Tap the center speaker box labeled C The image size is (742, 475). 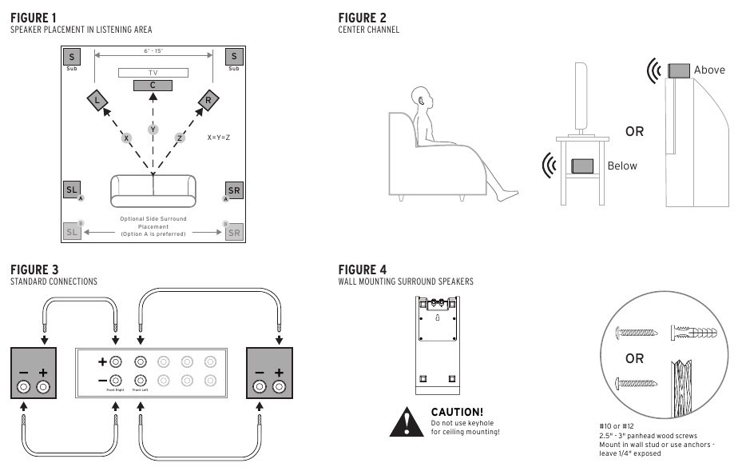tap(153, 85)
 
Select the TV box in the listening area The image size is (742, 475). tap(153, 72)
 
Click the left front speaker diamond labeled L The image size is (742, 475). tap(97, 100)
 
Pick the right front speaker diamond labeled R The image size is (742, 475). tap(208, 100)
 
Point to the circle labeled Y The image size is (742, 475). tap(153, 130)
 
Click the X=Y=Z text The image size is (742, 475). tap(219, 138)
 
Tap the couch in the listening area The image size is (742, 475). tap(153, 190)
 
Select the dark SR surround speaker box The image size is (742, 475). tap(234, 190)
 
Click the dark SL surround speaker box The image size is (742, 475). tap(72, 190)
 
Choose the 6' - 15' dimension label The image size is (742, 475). tap(153, 50)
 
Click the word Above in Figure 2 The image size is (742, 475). tap(709, 70)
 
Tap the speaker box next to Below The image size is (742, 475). tap(582, 166)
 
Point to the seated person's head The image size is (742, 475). tap(424, 100)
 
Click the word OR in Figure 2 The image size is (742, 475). tap(634, 131)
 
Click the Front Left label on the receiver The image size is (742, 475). tap(141, 389)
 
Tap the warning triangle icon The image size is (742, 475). tap(407, 421)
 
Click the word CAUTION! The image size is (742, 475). tap(457, 412)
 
